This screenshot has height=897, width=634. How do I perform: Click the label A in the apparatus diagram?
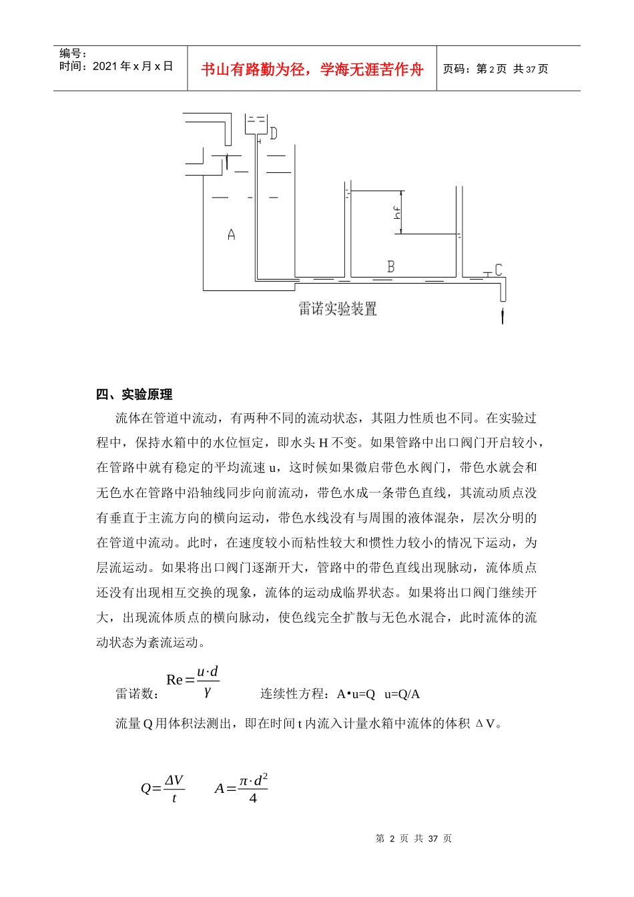tap(231, 234)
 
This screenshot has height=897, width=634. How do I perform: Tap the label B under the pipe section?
tap(391, 266)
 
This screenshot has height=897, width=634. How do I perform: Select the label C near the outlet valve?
tap(498, 270)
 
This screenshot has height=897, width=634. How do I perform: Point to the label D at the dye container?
tap(273, 133)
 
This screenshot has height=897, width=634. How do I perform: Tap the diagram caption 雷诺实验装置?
tap(338, 309)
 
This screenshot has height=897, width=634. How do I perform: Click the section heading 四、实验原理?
tap(134, 394)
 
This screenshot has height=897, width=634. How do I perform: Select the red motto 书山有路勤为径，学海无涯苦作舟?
tap(312, 69)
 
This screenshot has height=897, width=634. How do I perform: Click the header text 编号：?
tap(73, 53)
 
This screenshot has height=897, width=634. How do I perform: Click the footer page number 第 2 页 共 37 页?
tap(414, 839)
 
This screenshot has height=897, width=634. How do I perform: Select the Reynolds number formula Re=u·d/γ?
tap(193, 680)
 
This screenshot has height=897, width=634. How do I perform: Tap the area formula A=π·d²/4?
tap(241, 788)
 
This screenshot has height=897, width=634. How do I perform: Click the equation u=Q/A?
tap(402, 694)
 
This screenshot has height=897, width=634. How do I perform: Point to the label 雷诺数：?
tap(137, 694)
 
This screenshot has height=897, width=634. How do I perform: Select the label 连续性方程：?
tap(294, 694)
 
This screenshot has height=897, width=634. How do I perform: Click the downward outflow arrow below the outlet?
tap(503, 314)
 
